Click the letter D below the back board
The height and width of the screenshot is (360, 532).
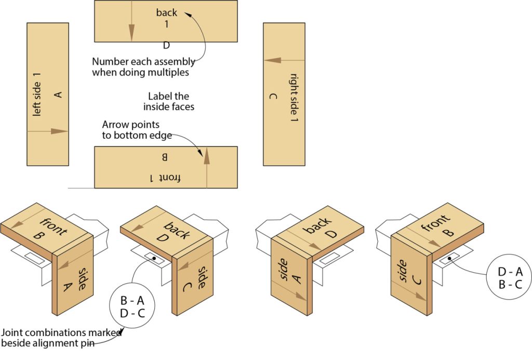(x=166, y=46)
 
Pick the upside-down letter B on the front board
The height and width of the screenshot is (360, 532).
(x=165, y=156)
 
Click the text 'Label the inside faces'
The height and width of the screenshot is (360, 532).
(x=168, y=101)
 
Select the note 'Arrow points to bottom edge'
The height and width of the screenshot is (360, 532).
(x=130, y=130)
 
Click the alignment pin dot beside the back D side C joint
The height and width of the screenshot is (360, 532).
(x=154, y=257)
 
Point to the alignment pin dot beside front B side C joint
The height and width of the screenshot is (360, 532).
(x=449, y=257)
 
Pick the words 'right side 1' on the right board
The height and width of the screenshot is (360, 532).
(x=294, y=98)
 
